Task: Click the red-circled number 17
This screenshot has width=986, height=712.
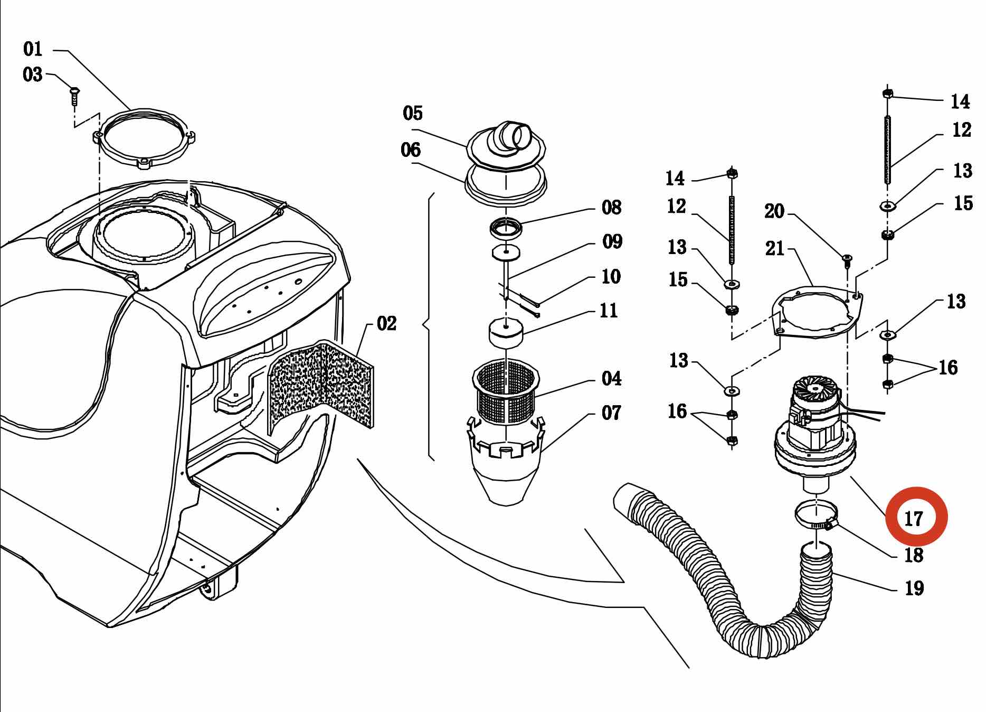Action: [x=913, y=518]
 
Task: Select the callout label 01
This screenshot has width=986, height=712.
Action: [x=33, y=49]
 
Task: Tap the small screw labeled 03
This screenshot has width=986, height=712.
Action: [x=74, y=96]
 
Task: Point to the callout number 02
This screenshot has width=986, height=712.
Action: [x=386, y=323]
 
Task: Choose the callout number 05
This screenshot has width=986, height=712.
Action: [x=413, y=113]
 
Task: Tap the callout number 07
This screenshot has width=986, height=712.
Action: [x=611, y=413]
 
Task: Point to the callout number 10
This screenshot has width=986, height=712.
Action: [x=611, y=276]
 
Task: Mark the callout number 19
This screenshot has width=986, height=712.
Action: [x=914, y=588]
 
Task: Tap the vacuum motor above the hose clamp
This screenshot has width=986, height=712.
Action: [x=812, y=430]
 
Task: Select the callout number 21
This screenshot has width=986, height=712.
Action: [x=775, y=248]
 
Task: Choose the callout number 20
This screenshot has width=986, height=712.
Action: [x=774, y=211]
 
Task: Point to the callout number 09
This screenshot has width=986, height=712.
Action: [x=612, y=241]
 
